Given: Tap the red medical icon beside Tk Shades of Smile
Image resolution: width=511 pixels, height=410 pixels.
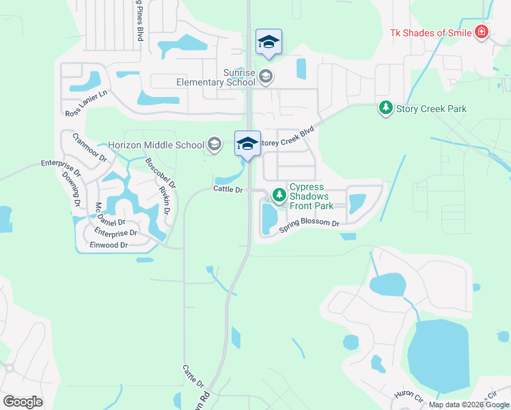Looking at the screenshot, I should (x=482, y=32).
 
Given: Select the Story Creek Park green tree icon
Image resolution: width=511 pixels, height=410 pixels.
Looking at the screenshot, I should (x=386, y=108).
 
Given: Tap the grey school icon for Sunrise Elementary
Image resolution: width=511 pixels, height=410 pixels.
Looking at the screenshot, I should (x=265, y=76).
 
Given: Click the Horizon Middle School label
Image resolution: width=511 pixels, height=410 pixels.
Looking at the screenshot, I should (x=156, y=145).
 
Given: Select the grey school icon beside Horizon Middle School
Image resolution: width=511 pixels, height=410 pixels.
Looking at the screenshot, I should (x=215, y=144).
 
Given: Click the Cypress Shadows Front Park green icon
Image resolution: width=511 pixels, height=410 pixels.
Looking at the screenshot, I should (x=279, y=195).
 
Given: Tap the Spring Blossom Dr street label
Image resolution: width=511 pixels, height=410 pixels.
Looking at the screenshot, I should (x=309, y=227).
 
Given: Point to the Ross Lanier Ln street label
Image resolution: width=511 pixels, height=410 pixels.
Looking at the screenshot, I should (x=86, y=104).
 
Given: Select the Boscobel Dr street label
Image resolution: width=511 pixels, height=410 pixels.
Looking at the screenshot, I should (x=161, y=174).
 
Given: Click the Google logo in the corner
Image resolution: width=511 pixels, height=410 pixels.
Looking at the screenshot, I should (x=23, y=402).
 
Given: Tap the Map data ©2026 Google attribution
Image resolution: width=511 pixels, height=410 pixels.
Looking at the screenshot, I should (x=469, y=405).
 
